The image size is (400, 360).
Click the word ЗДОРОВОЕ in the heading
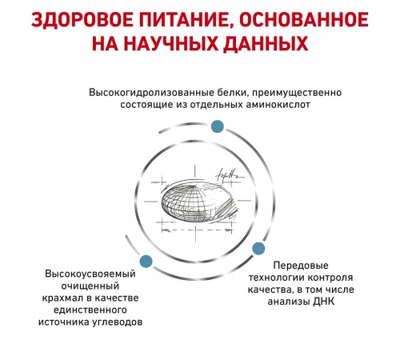tap(82, 20)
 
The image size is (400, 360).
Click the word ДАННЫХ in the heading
tap(266, 44)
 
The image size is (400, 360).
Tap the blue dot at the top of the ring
tap(218, 126)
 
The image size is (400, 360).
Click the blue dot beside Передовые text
tap(258, 249)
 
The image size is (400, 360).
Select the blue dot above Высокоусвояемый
tap(146, 262)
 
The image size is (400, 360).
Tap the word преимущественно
tap(297, 94)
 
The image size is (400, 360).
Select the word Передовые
tap(301, 266)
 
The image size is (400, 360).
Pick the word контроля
tap(330, 278)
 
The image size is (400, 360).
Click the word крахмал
tap(63, 298)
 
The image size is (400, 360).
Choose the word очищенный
tap(90, 286)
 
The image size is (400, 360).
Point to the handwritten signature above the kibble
tap(230, 175)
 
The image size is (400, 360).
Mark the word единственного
tap(90, 310)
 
